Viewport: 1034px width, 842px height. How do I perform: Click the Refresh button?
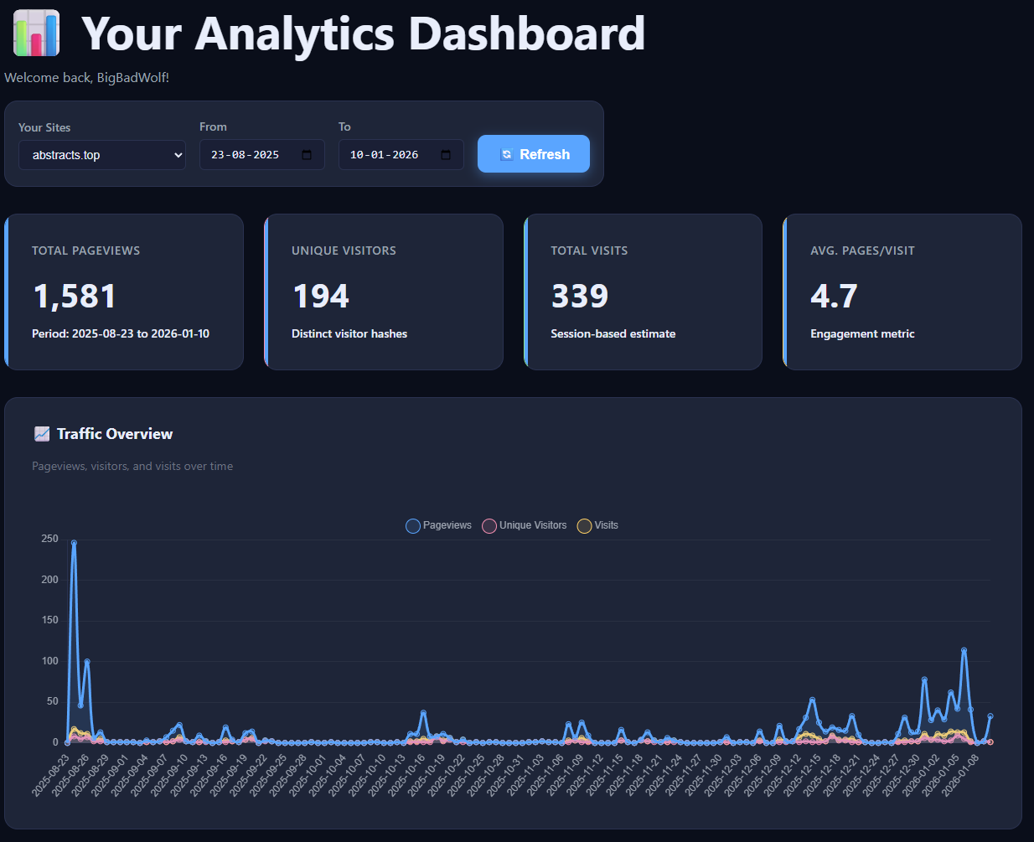(534, 154)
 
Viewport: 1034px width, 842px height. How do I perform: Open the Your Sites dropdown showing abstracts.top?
(102, 155)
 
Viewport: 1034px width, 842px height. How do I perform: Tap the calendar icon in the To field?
(446, 155)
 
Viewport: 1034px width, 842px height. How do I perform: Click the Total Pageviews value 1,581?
(75, 297)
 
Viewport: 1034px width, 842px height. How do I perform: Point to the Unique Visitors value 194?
(321, 297)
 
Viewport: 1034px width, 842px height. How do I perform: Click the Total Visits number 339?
(580, 297)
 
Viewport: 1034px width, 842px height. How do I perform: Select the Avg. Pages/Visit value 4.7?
(834, 297)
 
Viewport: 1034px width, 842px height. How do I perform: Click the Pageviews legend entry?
(438, 525)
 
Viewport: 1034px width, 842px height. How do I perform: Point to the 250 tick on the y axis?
(50, 539)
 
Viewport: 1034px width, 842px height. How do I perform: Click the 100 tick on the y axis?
(50, 661)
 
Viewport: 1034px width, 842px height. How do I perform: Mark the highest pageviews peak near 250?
(74, 543)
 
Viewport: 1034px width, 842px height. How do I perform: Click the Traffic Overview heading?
(115, 434)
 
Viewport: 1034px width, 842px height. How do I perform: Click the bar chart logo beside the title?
(37, 34)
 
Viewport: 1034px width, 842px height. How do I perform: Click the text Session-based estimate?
(613, 333)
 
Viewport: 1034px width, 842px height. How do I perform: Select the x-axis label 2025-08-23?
(52, 775)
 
